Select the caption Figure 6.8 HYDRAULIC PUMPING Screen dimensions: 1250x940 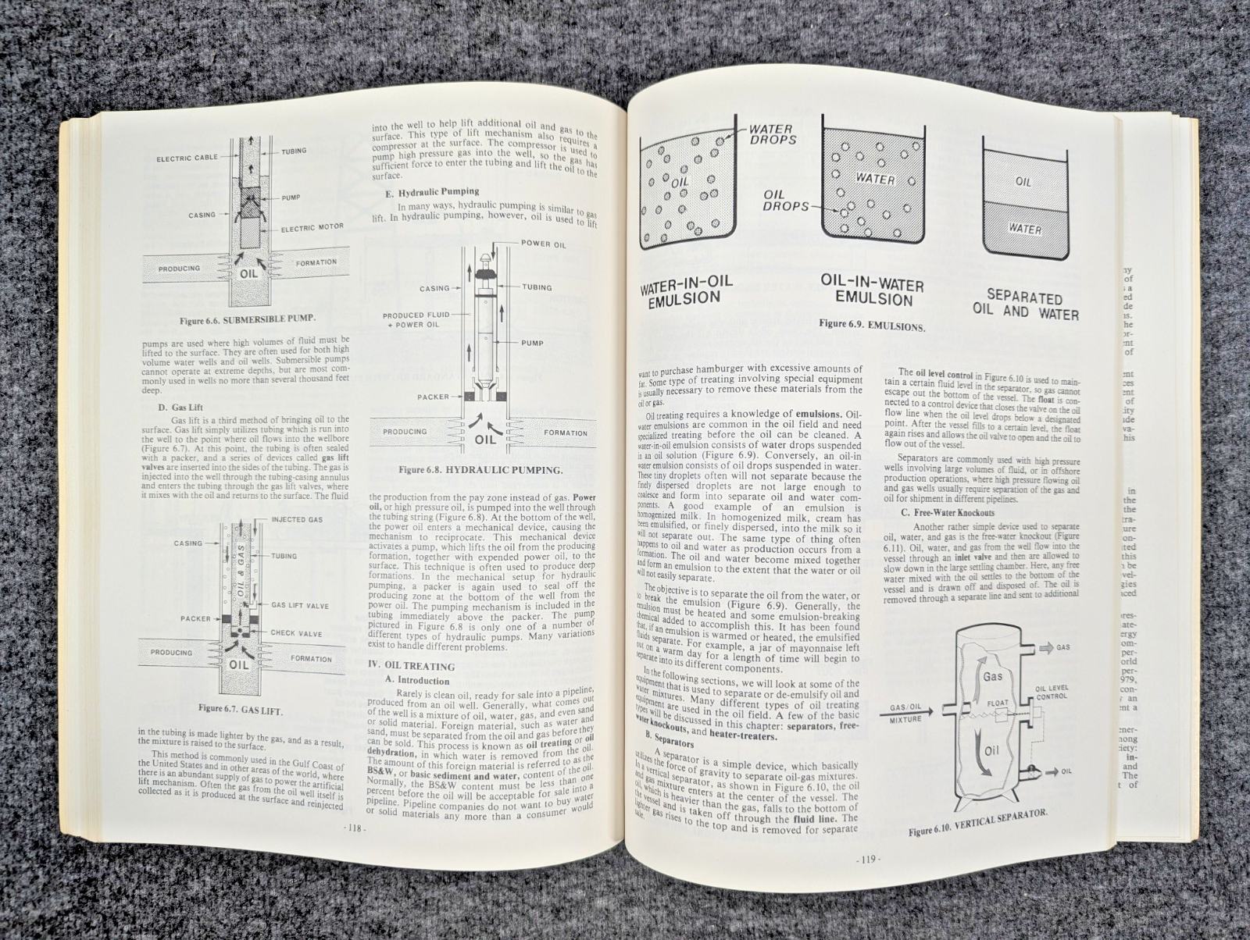point(480,470)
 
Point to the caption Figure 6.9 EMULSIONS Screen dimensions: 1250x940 point(872,326)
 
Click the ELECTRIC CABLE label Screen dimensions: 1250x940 point(187,158)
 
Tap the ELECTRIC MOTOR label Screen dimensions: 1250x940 point(312,228)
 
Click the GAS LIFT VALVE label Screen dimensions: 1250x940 point(300,606)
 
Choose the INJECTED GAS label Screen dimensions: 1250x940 point(297,520)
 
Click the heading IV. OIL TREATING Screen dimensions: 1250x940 point(411,666)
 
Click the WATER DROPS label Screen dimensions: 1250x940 point(772,134)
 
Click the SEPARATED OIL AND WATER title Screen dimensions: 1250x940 point(1025,304)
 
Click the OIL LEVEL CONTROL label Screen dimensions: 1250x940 point(1051,692)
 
